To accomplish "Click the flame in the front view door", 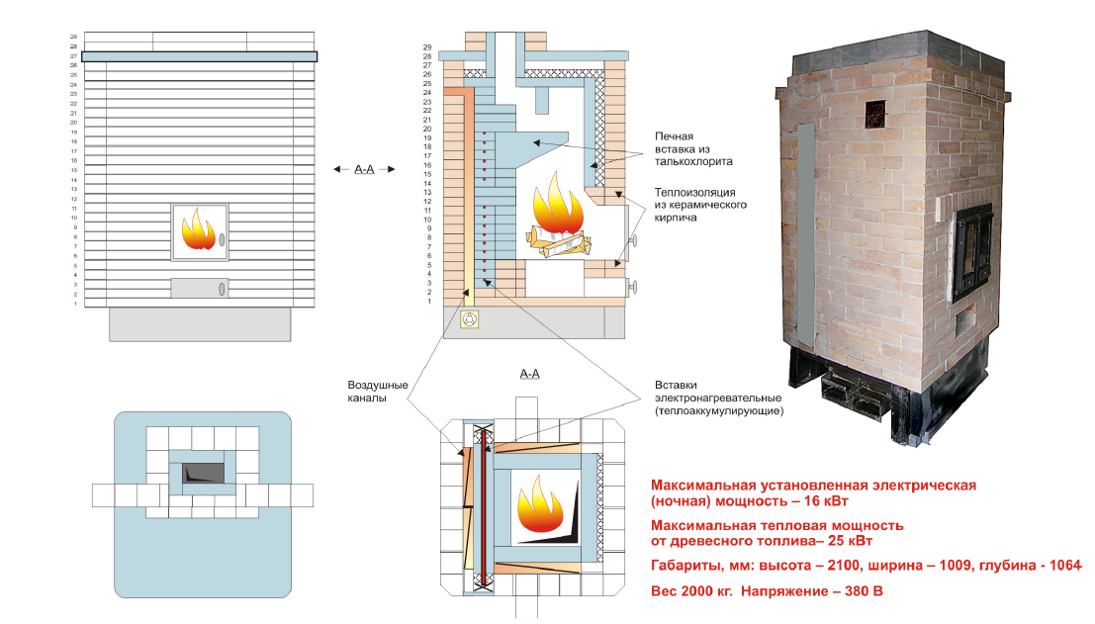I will coord(198,230).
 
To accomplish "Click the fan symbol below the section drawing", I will coord(471,319).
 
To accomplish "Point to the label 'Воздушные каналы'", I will coord(374,392).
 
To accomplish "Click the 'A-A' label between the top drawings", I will coord(365,169).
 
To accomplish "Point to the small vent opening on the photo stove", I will coord(875,115).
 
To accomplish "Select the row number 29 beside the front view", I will coord(73,37).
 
